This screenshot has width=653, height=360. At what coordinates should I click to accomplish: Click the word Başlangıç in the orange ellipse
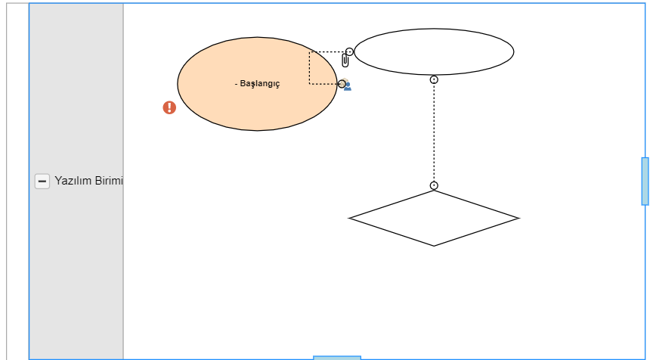[260, 84]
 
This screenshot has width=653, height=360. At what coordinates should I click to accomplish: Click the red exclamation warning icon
[169, 107]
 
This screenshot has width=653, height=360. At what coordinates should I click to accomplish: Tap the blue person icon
[348, 86]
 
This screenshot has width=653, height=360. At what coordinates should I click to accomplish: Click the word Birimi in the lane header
[108, 182]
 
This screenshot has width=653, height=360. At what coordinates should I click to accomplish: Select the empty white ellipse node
[434, 51]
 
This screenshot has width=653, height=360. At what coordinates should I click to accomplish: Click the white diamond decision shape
[434, 218]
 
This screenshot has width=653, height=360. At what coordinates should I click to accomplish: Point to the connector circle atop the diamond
[434, 185]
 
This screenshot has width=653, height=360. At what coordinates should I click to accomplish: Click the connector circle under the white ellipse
[434, 79]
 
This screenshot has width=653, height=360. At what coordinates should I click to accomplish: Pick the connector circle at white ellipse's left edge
[349, 52]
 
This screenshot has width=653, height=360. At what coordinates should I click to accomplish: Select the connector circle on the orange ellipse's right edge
[342, 84]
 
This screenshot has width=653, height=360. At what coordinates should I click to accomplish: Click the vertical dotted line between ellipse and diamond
[434, 132]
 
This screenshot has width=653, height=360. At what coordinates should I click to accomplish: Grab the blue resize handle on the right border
[645, 181]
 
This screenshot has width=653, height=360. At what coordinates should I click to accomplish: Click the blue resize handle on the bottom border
[336, 357]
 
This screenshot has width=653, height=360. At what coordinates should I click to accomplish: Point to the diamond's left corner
[350, 219]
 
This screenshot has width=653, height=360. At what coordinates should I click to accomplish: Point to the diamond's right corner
[518, 219]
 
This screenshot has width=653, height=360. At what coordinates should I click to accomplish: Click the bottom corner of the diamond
[434, 245]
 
